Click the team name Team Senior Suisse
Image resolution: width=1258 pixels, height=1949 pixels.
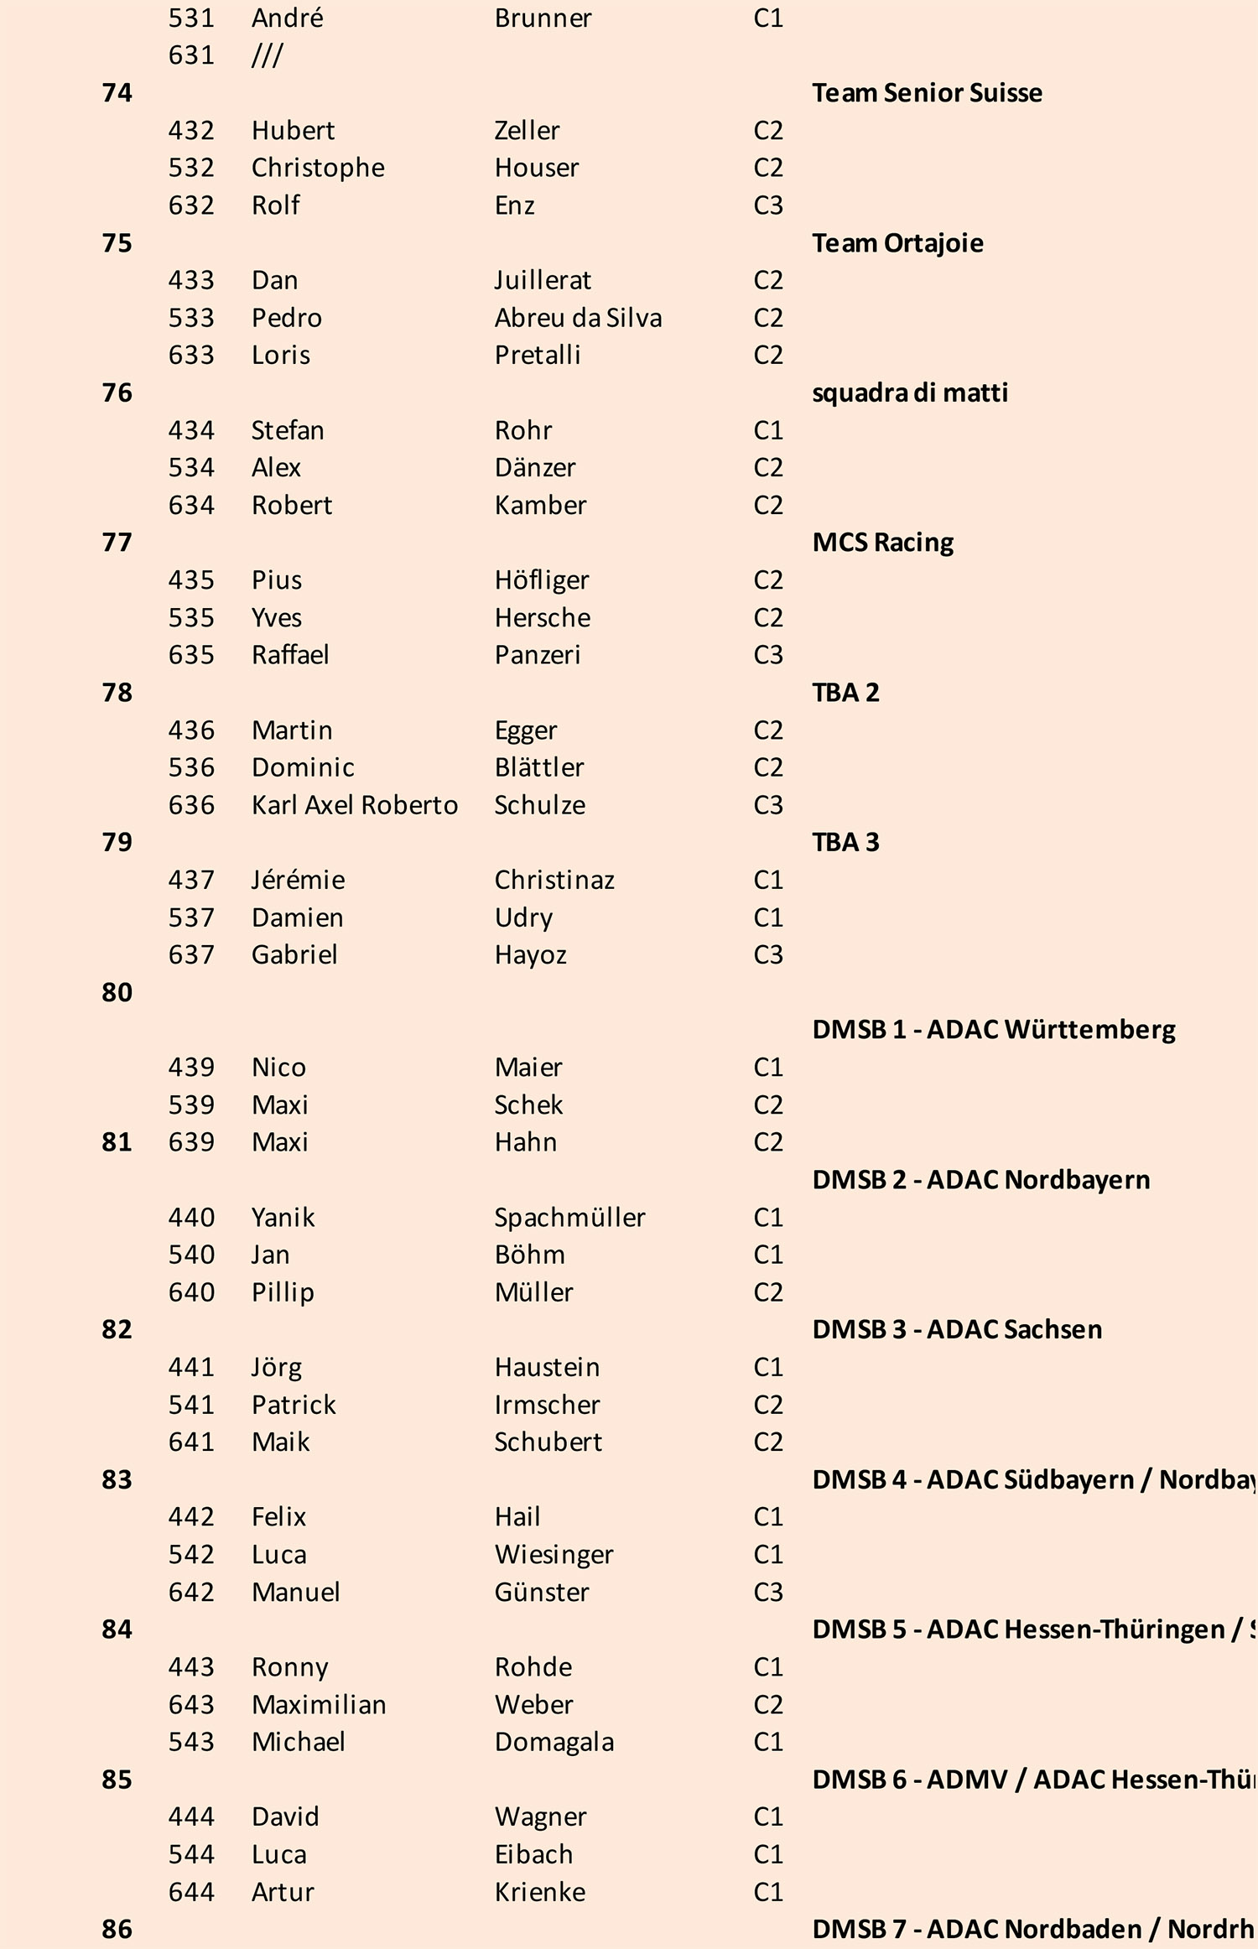pyautogui.click(x=927, y=92)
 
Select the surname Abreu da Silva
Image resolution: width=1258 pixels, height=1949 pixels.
pyautogui.click(x=578, y=318)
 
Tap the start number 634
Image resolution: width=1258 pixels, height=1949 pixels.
pyautogui.click(x=191, y=505)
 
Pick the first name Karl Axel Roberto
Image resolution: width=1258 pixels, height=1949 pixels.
pyautogui.click(x=355, y=805)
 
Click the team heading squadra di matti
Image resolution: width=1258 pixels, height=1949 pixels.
pyautogui.click(x=910, y=392)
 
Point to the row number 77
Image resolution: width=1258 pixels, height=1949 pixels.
pyautogui.click(x=117, y=543)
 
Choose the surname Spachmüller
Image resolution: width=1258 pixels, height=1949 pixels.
pyautogui.click(x=569, y=1217)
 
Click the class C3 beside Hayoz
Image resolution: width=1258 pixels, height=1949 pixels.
pyautogui.click(x=768, y=954)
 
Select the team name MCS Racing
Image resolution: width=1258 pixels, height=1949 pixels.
pyautogui.click(x=882, y=543)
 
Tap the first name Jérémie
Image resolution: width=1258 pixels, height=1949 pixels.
pyautogui.click(x=298, y=880)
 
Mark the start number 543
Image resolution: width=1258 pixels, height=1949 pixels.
pyautogui.click(x=191, y=1742)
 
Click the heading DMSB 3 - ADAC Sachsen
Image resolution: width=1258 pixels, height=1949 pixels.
pyautogui.click(x=957, y=1329)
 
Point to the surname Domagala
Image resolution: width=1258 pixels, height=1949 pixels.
pyautogui.click(x=554, y=1742)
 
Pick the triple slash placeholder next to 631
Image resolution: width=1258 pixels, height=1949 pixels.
pyautogui.click(x=267, y=55)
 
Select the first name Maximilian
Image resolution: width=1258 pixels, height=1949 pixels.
pyautogui.click(x=319, y=1704)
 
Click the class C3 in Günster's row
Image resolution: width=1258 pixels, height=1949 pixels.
pyautogui.click(x=768, y=1592)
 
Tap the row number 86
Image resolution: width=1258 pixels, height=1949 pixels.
pyautogui.click(x=117, y=1929)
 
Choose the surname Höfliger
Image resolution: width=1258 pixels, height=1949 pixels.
pyautogui.click(x=541, y=580)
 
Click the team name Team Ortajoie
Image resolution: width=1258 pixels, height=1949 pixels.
pyautogui.click(x=897, y=243)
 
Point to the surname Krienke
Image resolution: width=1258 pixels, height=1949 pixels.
pyautogui.click(x=539, y=1892)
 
